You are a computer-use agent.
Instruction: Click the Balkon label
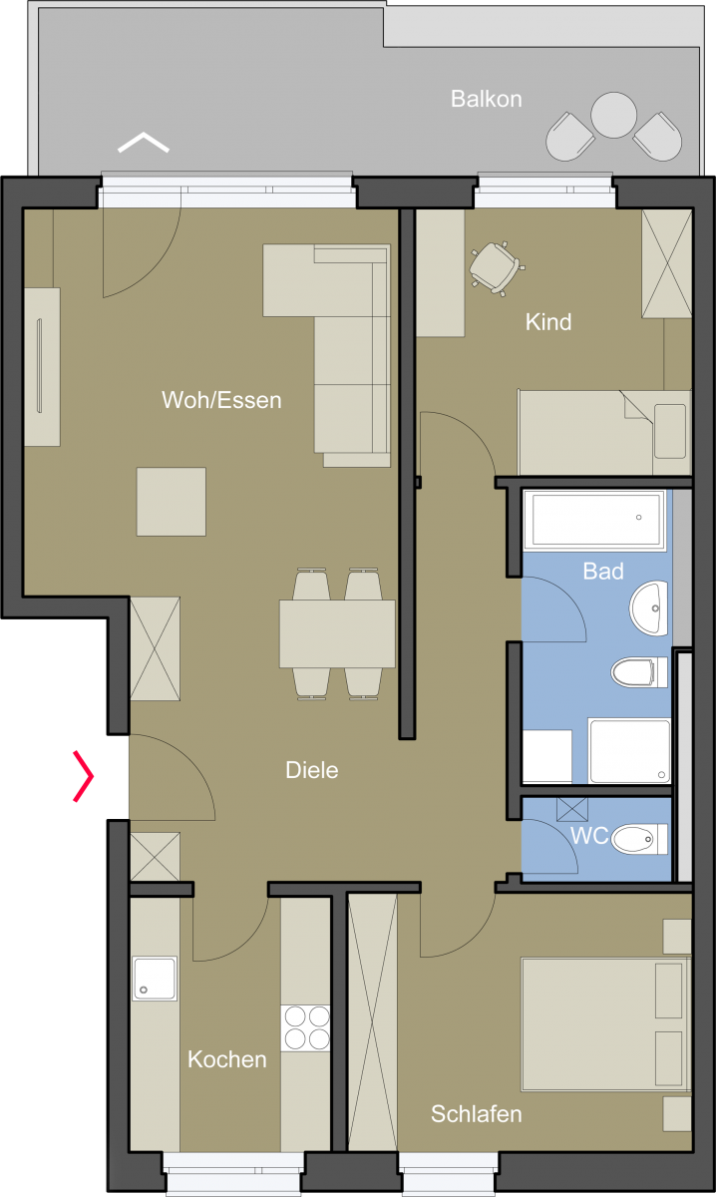(487, 99)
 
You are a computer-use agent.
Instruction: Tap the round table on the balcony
(613, 115)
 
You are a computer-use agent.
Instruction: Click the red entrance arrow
(84, 776)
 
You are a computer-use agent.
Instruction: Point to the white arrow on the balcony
(144, 142)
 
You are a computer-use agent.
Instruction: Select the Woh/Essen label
(221, 400)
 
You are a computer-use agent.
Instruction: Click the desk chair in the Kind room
(496, 268)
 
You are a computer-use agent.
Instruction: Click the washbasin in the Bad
(648, 608)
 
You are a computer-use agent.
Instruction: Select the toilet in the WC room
(639, 839)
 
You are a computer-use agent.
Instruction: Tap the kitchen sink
(155, 978)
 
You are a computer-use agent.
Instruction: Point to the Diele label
(312, 770)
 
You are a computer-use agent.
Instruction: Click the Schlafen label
(476, 1114)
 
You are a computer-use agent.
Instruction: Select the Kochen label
(227, 1059)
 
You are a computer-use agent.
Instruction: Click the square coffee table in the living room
(171, 502)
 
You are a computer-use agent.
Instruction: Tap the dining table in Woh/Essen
(337, 633)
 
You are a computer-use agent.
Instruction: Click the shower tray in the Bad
(629, 751)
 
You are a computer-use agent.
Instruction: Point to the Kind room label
(548, 321)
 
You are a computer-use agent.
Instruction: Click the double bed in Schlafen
(606, 1023)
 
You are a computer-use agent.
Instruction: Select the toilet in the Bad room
(639, 672)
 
